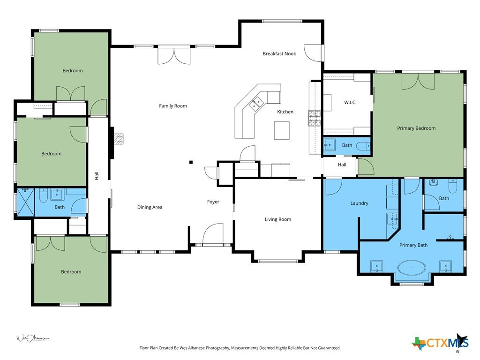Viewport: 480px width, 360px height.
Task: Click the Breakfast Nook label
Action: tap(279, 53)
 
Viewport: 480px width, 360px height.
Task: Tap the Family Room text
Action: tap(172, 106)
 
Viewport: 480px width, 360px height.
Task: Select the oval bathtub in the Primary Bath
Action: tap(412, 268)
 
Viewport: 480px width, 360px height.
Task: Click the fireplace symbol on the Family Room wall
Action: tap(119, 138)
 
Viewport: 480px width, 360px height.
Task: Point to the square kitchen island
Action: tap(282, 130)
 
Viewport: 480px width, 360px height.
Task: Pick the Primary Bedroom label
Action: tap(416, 128)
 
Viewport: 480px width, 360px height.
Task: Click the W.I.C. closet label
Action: tap(350, 102)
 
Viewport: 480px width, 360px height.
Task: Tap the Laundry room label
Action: tap(359, 203)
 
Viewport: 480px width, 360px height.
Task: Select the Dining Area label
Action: tap(150, 207)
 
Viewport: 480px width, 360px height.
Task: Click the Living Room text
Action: tap(278, 219)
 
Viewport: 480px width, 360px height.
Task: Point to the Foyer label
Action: tap(213, 202)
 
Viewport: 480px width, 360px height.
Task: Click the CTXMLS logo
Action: tap(441, 342)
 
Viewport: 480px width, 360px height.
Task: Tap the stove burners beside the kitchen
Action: tap(315, 118)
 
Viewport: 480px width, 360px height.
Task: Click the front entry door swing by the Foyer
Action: tap(213, 234)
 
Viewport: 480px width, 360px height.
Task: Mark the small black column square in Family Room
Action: tap(191, 162)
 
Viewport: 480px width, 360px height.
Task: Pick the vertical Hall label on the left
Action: tap(97, 176)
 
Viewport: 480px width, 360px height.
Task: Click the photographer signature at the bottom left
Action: tap(32, 338)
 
